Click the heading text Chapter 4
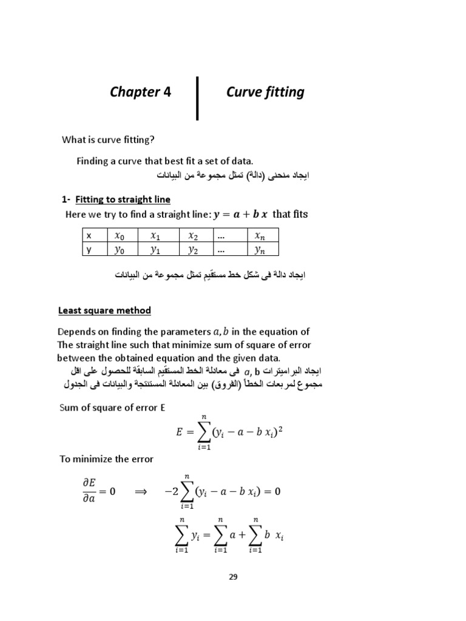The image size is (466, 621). pyautogui.click(x=140, y=92)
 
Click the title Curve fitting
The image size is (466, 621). pyautogui.click(x=265, y=92)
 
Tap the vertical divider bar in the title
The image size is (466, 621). pyautogui.click(x=198, y=97)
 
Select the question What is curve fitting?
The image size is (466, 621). pyautogui.click(x=109, y=140)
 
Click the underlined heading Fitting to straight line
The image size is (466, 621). pyautogui.click(x=123, y=200)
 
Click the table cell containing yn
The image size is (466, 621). pyautogui.click(x=260, y=249)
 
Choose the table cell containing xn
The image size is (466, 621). pyautogui.click(x=260, y=235)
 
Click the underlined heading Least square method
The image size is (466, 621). pyautogui.click(x=104, y=310)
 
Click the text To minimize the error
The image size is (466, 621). pyautogui.click(x=106, y=459)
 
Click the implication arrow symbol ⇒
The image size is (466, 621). pyautogui.click(x=141, y=491)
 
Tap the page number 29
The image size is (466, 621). pyautogui.click(x=233, y=577)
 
